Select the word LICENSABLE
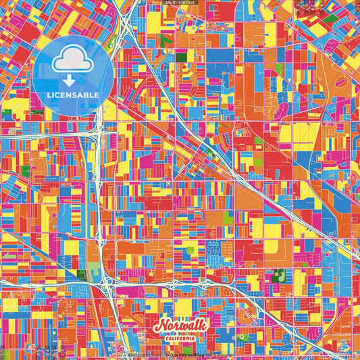tap(73, 95)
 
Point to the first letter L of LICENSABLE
tap(49, 95)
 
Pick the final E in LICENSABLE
tap(97, 95)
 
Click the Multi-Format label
tap(180, 3)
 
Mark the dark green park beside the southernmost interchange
tap(82, 274)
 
